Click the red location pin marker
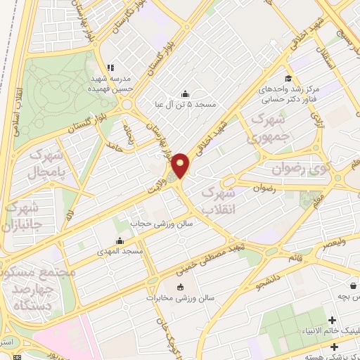coord(181,165)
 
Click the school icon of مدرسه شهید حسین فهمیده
coord(108,62)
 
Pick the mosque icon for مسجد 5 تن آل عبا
coord(185,94)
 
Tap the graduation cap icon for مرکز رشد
coord(288,79)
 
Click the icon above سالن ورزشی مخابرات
coord(181,287)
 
